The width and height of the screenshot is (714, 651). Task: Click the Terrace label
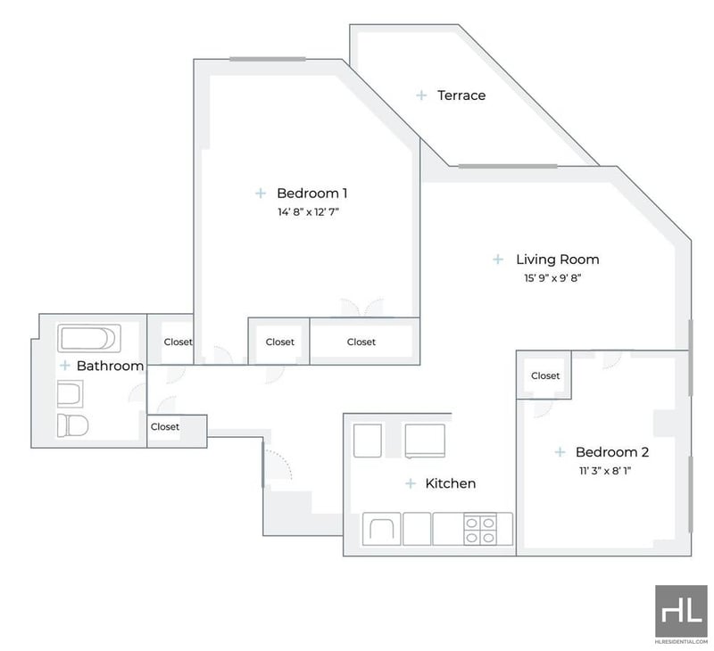click(x=461, y=95)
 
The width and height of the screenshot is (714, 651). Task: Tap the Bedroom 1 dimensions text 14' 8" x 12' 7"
click(x=308, y=212)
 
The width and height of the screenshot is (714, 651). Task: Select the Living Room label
click(x=557, y=260)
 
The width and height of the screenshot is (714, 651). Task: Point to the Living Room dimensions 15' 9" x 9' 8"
click(x=552, y=278)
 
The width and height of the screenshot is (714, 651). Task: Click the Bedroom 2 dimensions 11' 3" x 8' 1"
click(x=605, y=471)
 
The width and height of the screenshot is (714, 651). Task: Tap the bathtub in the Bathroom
click(x=89, y=339)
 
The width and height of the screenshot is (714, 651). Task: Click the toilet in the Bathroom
click(x=72, y=425)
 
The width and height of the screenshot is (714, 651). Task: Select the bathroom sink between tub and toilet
click(x=71, y=394)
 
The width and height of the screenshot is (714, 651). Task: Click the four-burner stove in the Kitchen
click(x=480, y=530)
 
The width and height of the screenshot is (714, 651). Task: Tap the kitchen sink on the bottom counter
click(x=382, y=529)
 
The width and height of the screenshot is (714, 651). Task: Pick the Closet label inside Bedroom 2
click(x=545, y=376)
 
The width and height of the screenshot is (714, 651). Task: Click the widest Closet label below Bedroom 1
click(x=361, y=342)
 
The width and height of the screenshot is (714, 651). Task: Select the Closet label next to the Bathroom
click(x=178, y=342)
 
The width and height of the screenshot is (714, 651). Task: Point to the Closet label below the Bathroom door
click(x=165, y=427)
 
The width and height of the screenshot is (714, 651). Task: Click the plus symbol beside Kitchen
click(x=411, y=483)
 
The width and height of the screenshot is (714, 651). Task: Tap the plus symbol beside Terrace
click(x=421, y=95)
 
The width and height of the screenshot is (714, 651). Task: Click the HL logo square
click(x=681, y=611)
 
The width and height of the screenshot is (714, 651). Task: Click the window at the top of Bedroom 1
click(x=267, y=59)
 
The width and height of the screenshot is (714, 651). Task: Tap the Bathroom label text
click(x=110, y=366)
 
